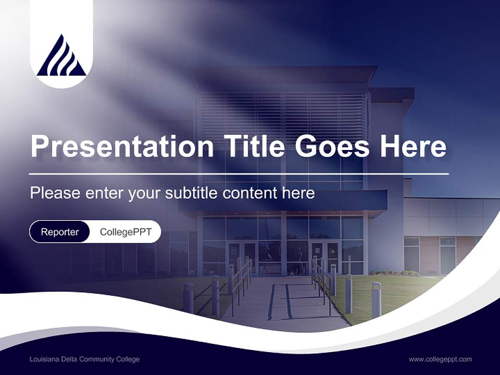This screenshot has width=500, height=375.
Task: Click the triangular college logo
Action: (x=61, y=56)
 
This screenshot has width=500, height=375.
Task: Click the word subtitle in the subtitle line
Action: (x=193, y=193)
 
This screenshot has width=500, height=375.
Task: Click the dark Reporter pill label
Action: (x=59, y=232)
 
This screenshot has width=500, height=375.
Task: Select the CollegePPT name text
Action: (x=126, y=232)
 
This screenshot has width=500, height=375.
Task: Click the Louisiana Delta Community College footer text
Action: (x=84, y=359)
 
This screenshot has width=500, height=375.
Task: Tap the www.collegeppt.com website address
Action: (x=440, y=359)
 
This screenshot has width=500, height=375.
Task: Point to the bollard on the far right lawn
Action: (x=376, y=299)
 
